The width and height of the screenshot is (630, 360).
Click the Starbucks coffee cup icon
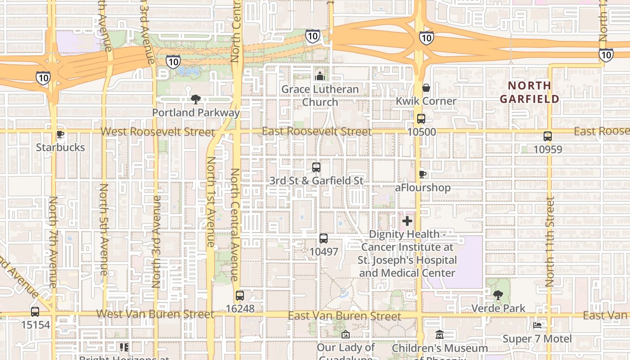pos(60,134)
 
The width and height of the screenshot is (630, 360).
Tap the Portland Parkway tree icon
pos(196,99)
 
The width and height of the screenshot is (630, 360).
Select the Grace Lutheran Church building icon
pos(320,76)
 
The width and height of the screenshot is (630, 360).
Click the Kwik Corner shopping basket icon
pos(426,88)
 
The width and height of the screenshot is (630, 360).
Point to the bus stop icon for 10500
pos(421,119)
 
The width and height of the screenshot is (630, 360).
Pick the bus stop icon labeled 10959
pos(548,136)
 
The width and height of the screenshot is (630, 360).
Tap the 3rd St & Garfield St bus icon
pos(316,167)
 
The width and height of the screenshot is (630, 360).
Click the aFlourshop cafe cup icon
pos(422,174)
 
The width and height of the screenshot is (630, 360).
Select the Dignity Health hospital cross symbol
pos(407,221)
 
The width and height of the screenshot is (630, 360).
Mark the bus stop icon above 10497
pos(324,238)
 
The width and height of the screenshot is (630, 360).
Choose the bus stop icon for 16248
pos(240,296)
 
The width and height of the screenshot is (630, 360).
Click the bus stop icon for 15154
pos(35,311)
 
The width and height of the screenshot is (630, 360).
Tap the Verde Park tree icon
pos(498,295)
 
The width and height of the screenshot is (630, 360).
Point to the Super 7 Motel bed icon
pos(537,325)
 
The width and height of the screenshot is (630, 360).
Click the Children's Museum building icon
pos(440,335)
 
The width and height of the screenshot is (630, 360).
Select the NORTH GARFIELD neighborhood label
pos(530,92)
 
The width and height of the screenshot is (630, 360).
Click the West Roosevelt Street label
pos(157,132)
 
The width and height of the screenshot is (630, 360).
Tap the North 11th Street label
pos(549,242)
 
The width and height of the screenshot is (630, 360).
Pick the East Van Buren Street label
pos(344,316)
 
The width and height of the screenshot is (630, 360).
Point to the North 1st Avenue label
pos(211,202)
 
